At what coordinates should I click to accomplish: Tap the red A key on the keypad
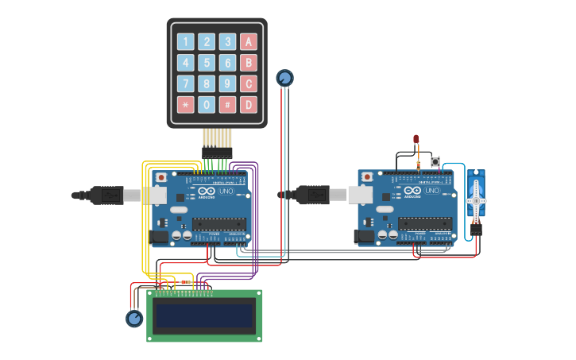point(249,42)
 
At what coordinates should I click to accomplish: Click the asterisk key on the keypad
point(185,105)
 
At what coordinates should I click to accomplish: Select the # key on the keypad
point(227,105)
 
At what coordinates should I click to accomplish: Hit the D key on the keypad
point(249,105)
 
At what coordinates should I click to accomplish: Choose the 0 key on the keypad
point(207,105)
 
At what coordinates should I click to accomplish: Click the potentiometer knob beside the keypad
point(284,78)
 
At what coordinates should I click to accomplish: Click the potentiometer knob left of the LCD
point(134,319)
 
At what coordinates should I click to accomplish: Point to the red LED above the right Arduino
point(416,140)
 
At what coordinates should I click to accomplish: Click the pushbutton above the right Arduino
point(435,162)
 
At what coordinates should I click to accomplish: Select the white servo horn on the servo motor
point(476,199)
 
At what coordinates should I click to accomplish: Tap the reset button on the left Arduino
point(161,177)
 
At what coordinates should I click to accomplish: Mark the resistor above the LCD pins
point(186,282)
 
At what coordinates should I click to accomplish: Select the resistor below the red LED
point(418,164)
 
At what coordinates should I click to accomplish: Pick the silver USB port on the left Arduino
point(154,195)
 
